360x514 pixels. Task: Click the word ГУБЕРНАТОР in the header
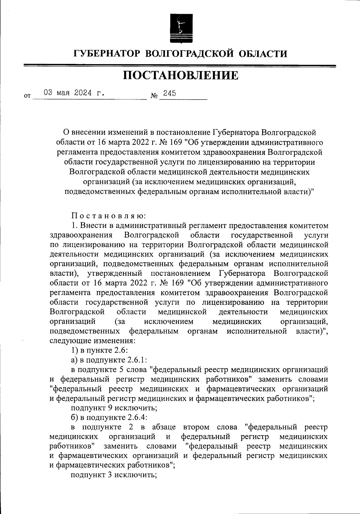[106, 54]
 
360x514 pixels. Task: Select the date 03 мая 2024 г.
[74, 93]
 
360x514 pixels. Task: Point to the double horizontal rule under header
[180, 66]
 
